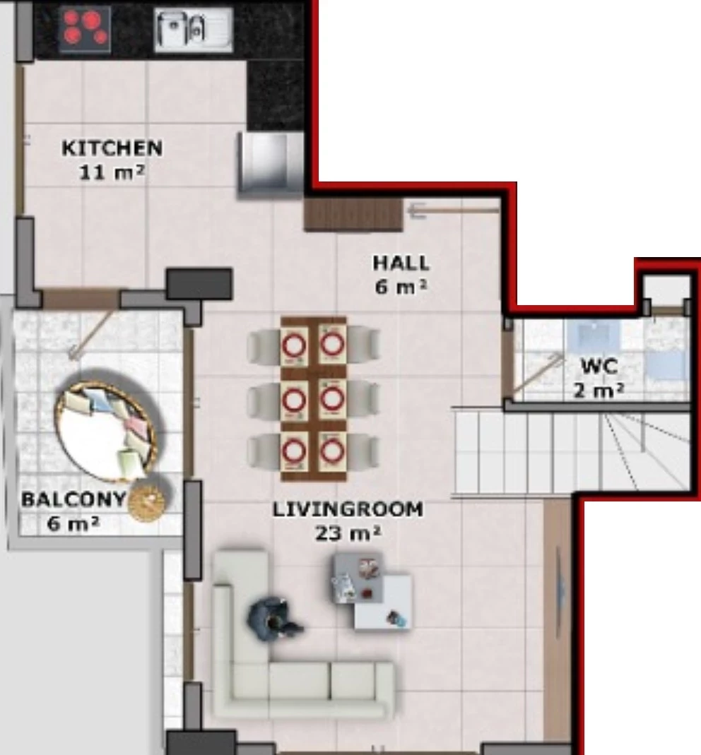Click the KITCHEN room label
112,148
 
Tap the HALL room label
401,263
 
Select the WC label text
599,367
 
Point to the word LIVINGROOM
348,509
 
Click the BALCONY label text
73,499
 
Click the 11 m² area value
112,172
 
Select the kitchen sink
194,30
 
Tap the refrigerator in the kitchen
270,164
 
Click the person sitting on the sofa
272,619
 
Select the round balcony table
106,431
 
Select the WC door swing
535,374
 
